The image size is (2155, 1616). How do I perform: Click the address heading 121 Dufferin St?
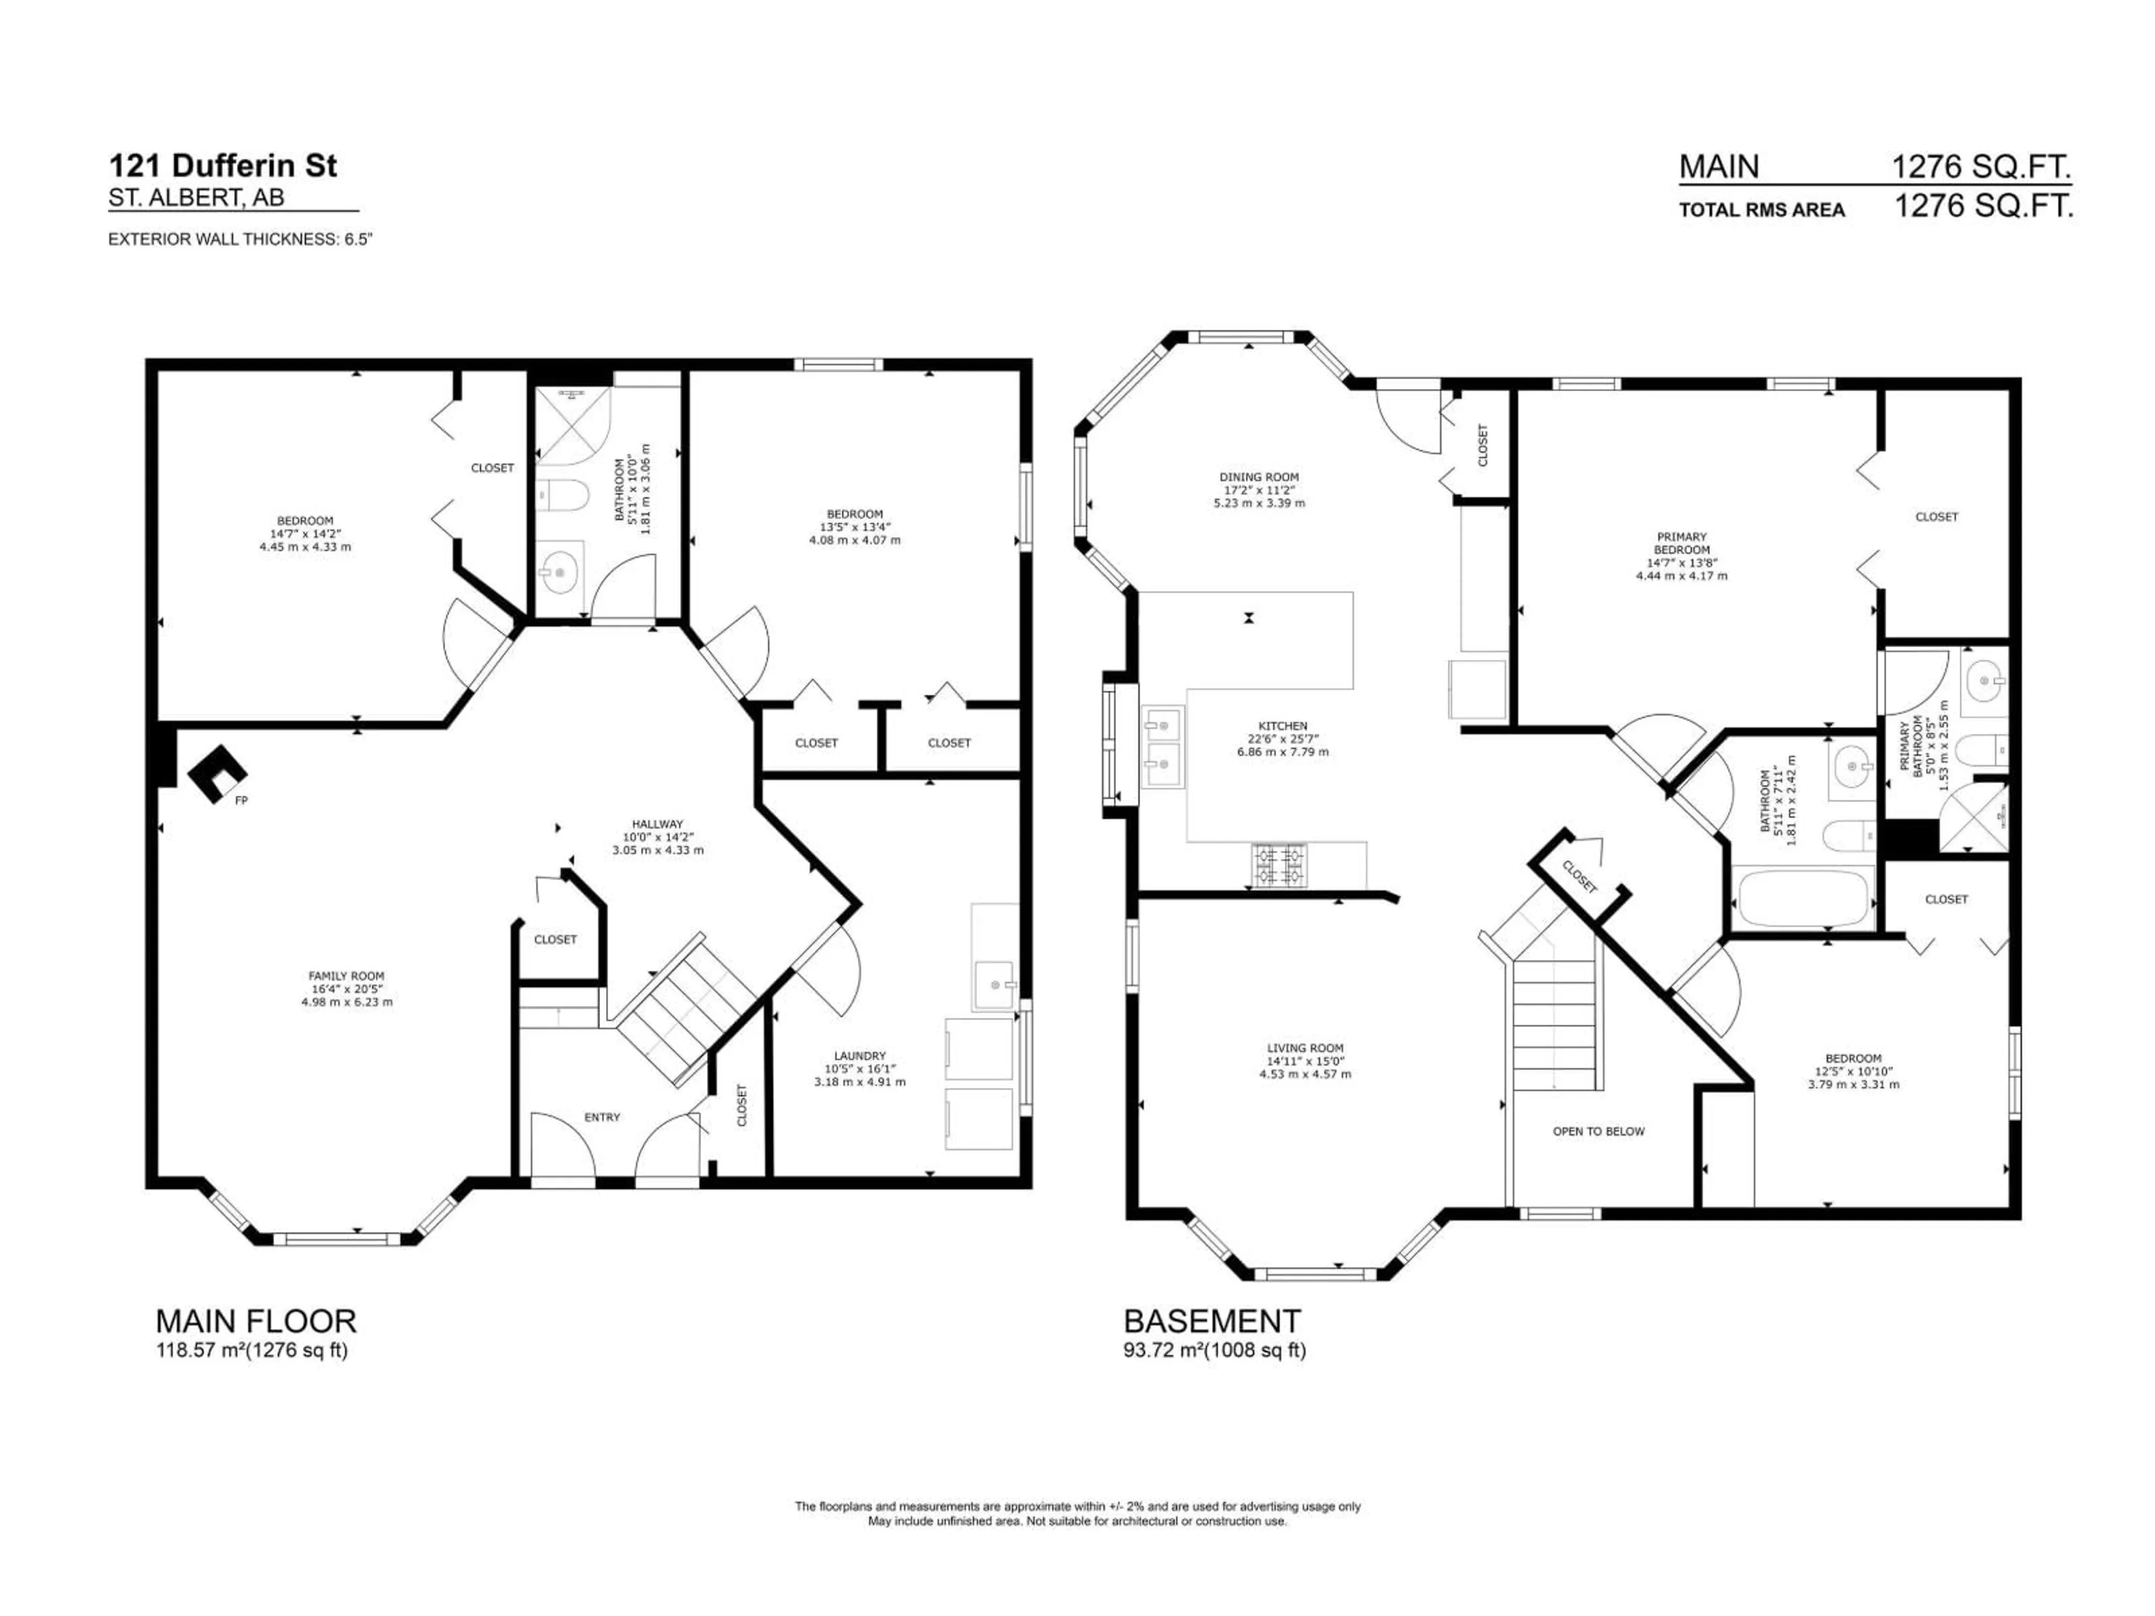tap(223, 166)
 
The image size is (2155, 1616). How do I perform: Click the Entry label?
tap(602, 1117)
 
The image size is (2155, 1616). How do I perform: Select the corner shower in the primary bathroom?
tap(1972, 814)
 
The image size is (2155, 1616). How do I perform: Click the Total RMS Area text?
tap(1762, 209)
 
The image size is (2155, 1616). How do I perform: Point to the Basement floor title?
tap(1212, 1321)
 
